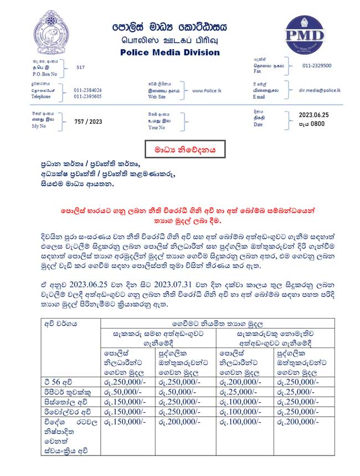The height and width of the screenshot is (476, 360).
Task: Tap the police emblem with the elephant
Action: point(52,34)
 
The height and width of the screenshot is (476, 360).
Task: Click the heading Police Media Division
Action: point(170,53)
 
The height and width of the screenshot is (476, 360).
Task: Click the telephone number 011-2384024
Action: point(88,90)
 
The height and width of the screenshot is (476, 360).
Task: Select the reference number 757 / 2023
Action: point(88,121)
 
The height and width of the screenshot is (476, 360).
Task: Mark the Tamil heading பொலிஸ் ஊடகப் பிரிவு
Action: point(171,40)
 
